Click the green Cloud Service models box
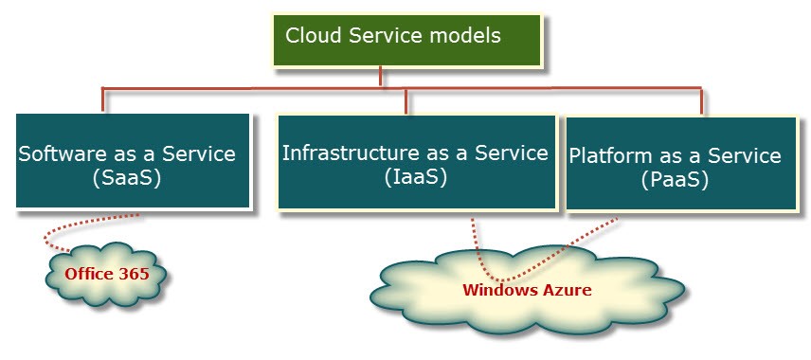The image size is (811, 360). coord(407,40)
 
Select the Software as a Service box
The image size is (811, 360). coord(133,161)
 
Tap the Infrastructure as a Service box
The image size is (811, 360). coord(415,161)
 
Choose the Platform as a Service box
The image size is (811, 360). coord(680,164)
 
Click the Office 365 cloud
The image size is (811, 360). coord(106,275)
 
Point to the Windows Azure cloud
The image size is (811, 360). coord(526,290)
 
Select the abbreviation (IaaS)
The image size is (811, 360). coord(415,176)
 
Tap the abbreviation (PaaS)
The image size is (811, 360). coord(675,179)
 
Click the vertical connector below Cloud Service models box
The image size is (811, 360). coord(381,77)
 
